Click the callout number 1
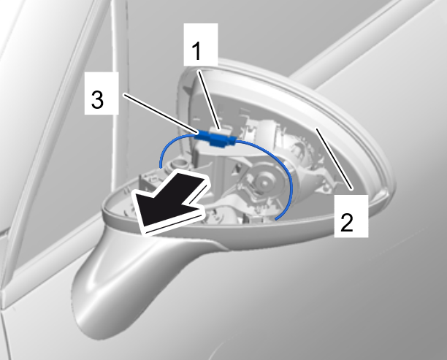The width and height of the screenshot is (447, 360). click(x=196, y=50)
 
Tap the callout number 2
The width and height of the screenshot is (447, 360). click(x=347, y=222)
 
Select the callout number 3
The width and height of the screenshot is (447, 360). click(x=97, y=99)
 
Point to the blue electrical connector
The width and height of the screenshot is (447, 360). click(x=215, y=138)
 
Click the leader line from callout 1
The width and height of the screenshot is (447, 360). click(x=209, y=100)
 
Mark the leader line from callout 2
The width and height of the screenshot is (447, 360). click(x=334, y=158)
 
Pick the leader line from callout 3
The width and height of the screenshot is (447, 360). click(x=161, y=114)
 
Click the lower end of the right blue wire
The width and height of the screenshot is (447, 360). click(x=276, y=219)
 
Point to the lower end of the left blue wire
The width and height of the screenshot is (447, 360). click(x=161, y=168)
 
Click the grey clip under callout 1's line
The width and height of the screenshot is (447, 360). click(x=220, y=132)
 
